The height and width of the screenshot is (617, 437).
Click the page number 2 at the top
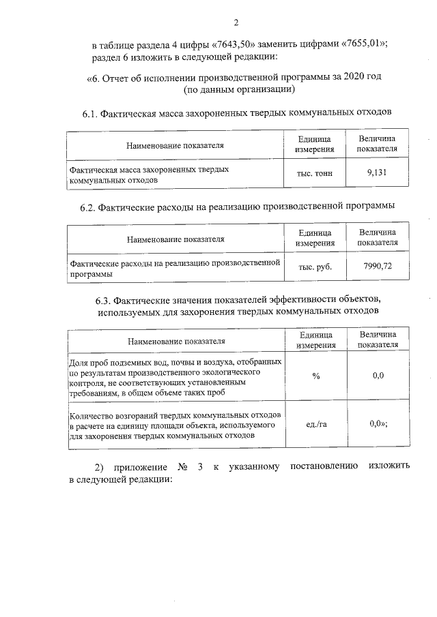236,22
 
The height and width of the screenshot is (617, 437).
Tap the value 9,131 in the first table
377,173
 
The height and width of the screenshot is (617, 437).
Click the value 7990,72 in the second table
378,267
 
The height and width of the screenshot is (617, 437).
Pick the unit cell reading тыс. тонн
315,174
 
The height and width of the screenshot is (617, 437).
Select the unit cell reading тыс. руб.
315,267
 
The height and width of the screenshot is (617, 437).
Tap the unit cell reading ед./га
315,424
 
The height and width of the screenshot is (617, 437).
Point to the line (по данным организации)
239,89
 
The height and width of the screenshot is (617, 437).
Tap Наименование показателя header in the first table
175,145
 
